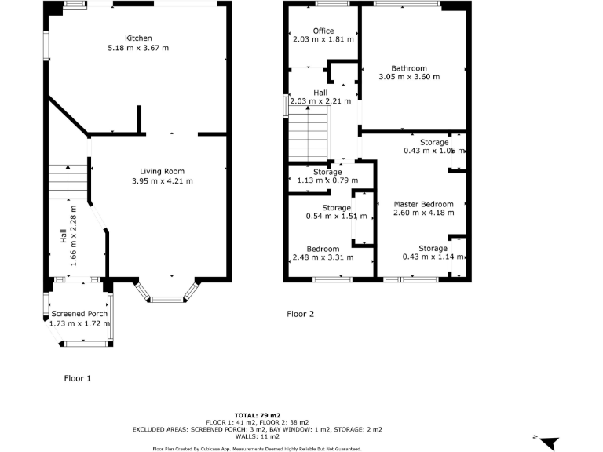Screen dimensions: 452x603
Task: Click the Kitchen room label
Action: tap(138, 38)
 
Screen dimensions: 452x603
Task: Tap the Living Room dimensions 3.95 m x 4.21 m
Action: tap(162, 181)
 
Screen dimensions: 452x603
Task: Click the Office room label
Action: tap(323, 31)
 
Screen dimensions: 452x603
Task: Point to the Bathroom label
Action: tap(409, 68)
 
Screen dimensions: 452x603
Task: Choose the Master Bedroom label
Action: tap(423, 204)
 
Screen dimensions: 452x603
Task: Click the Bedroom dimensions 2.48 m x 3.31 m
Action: tap(323, 257)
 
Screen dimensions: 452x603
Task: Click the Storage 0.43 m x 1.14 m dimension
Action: tap(433, 257)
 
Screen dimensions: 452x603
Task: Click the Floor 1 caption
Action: tap(78, 378)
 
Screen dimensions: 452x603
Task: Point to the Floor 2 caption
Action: tap(300, 314)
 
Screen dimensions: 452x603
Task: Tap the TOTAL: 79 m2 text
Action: tap(258, 414)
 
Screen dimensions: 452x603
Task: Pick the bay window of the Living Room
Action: tap(165, 295)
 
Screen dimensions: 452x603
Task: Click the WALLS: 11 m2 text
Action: tap(258, 436)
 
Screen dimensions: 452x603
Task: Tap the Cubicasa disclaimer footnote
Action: tap(257, 448)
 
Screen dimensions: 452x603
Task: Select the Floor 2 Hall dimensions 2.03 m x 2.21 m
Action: tap(320, 101)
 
